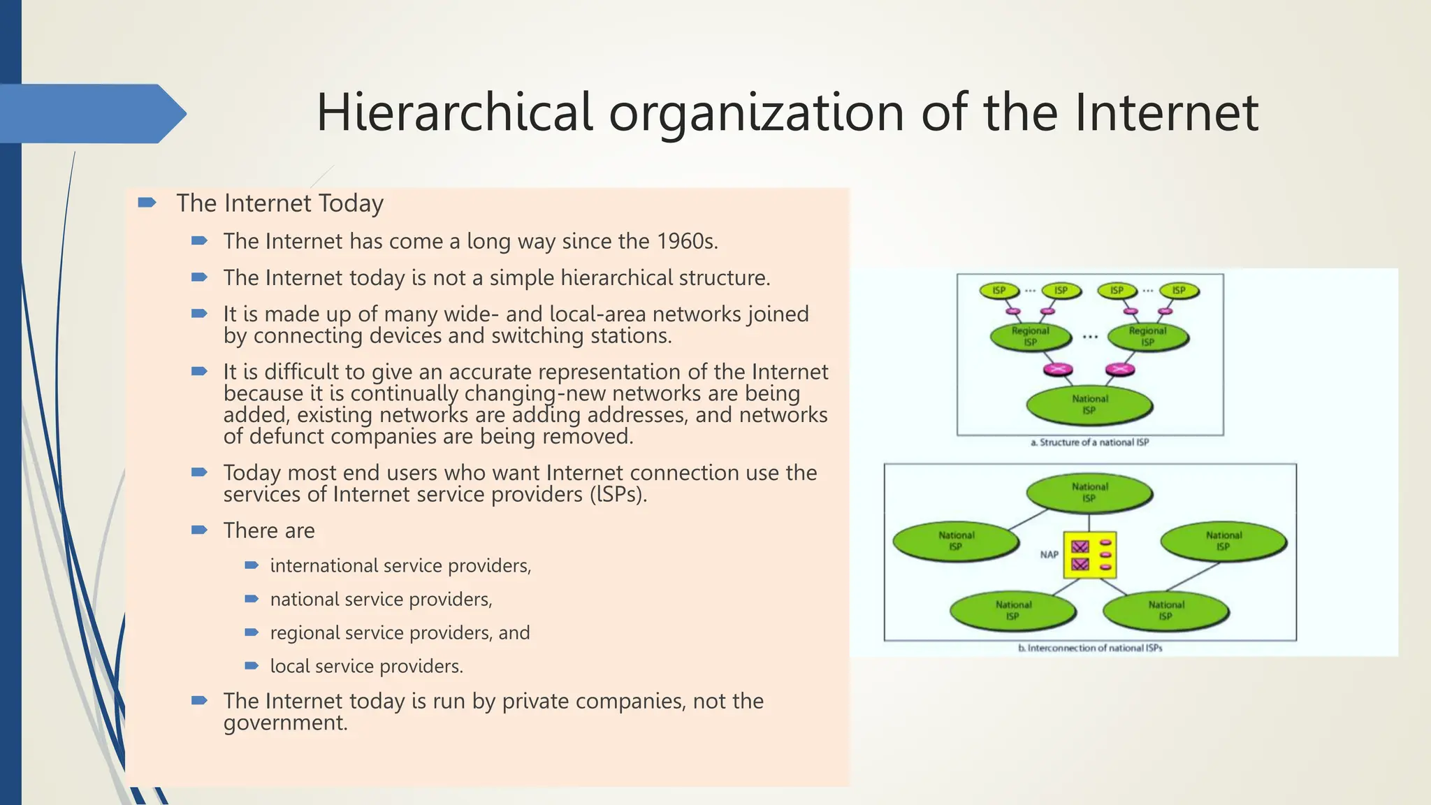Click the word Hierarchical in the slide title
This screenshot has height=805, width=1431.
coord(454,113)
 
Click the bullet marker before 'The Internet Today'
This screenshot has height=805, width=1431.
coord(147,203)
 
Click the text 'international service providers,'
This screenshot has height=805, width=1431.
coord(400,566)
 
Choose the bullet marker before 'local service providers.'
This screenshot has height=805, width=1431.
coord(252,666)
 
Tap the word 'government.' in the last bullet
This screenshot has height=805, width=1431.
coord(285,723)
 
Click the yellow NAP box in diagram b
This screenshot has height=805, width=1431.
coord(1089,555)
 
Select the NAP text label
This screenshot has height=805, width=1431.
coord(1049,555)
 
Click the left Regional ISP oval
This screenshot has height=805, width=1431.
coord(1031,337)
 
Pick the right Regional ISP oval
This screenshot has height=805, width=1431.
coord(1147,337)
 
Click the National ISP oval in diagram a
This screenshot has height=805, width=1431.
coord(1089,405)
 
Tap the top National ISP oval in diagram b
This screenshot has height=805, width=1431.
coord(1089,493)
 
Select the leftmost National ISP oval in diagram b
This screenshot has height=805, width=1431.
coord(956,541)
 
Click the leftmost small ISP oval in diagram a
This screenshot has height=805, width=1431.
coord(999,291)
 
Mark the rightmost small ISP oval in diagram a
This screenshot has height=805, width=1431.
coord(1179,291)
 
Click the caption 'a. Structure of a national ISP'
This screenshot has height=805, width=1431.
coord(1089,442)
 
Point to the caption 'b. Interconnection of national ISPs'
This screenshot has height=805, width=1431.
coord(1090,648)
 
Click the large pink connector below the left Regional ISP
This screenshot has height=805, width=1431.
coord(1058,370)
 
